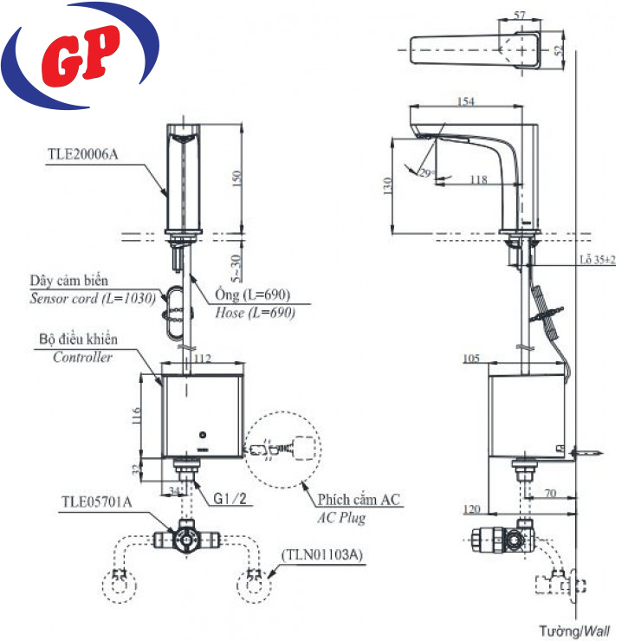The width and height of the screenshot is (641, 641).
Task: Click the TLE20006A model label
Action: coord(81,156)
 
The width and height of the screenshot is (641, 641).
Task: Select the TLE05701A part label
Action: coord(95,502)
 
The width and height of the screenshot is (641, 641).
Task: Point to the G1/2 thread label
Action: coord(231,499)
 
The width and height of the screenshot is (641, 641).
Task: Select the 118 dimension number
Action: coord(477,179)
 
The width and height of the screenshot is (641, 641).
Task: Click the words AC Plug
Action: coord(341,517)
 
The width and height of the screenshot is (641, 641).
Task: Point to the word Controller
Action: coord(82,357)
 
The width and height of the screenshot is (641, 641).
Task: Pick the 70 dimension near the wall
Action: coord(549,493)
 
